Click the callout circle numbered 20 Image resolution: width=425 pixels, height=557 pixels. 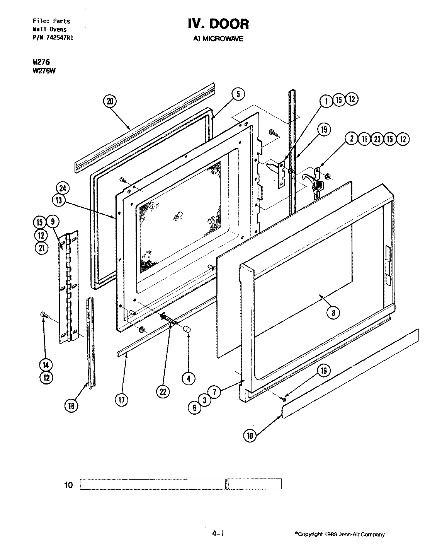pyautogui.click(x=110, y=102)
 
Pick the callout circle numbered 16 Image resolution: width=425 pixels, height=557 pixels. pyautogui.click(x=324, y=371)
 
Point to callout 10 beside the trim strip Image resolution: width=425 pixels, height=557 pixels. pyautogui.click(x=250, y=436)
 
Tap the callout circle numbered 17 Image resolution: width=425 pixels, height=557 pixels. pyautogui.click(x=122, y=400)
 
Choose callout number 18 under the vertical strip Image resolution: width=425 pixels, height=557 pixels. pyautogui.click(x=71, y=405)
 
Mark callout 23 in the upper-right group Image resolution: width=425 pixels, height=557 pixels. pyautogui.click(x=377, y=139)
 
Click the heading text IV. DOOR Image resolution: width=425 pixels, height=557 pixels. pyautogui.click(x=218, y=24)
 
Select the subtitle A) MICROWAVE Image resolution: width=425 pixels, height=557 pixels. pyautogui.click(x=218, y=39)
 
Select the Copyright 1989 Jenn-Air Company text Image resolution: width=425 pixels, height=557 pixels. pyautogui.click(x=340, y=535)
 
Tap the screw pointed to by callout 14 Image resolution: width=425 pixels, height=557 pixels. pyautogui.click(x=44, y=316)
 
